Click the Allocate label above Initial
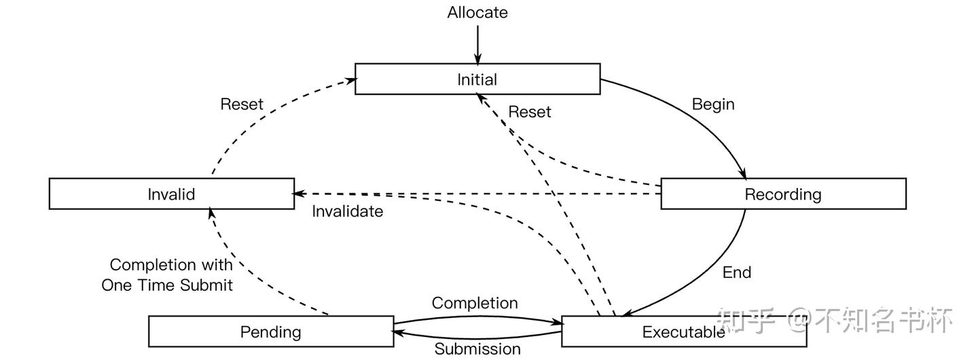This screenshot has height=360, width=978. (x=477, y=12)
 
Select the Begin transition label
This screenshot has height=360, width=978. (x=713, y=105)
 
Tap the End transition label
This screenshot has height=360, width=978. (x=737, y=272)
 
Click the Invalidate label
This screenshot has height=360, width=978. (x=348, y=211)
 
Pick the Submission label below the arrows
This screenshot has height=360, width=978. (x=477, y=349)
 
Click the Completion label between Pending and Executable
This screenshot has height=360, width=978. (x=475, y=303)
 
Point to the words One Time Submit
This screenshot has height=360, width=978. (x=167, y=285)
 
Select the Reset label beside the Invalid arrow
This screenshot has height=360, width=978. (x=242, y=105)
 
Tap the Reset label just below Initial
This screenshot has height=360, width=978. (x=530, y=112)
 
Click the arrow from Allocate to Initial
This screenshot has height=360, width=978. (x=477, y=45)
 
